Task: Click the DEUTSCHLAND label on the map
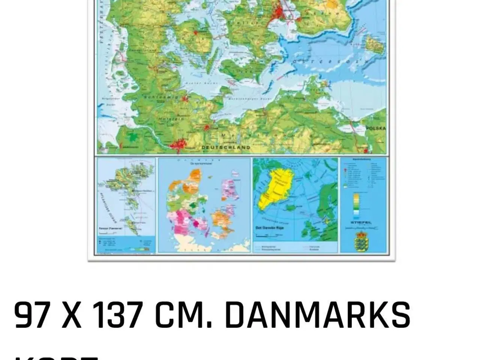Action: click(226, 147)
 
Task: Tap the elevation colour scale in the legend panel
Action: click(357, 205)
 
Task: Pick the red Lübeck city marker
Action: click(206, 127)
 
